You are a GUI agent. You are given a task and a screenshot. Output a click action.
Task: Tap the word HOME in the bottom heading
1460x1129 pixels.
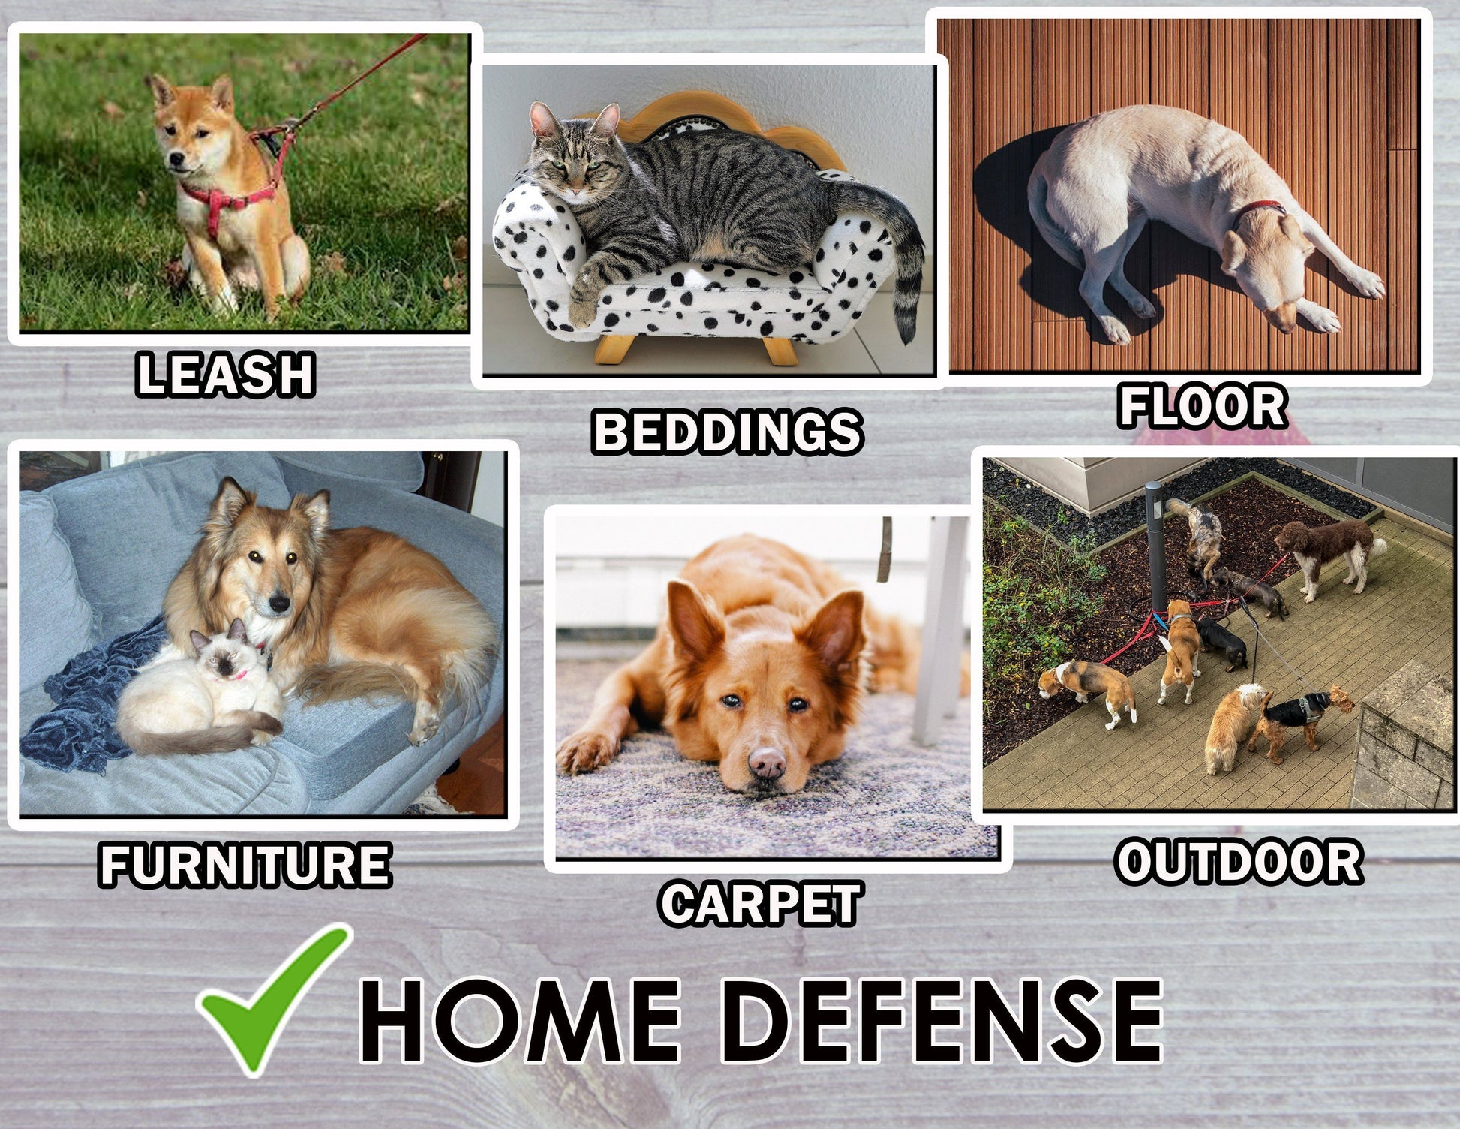click(x=521, y=1022)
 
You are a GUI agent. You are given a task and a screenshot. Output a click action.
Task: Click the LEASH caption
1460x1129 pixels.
click(x=225, y=375)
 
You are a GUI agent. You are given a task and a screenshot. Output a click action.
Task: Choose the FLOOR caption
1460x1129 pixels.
click(x=1203, y=406)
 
